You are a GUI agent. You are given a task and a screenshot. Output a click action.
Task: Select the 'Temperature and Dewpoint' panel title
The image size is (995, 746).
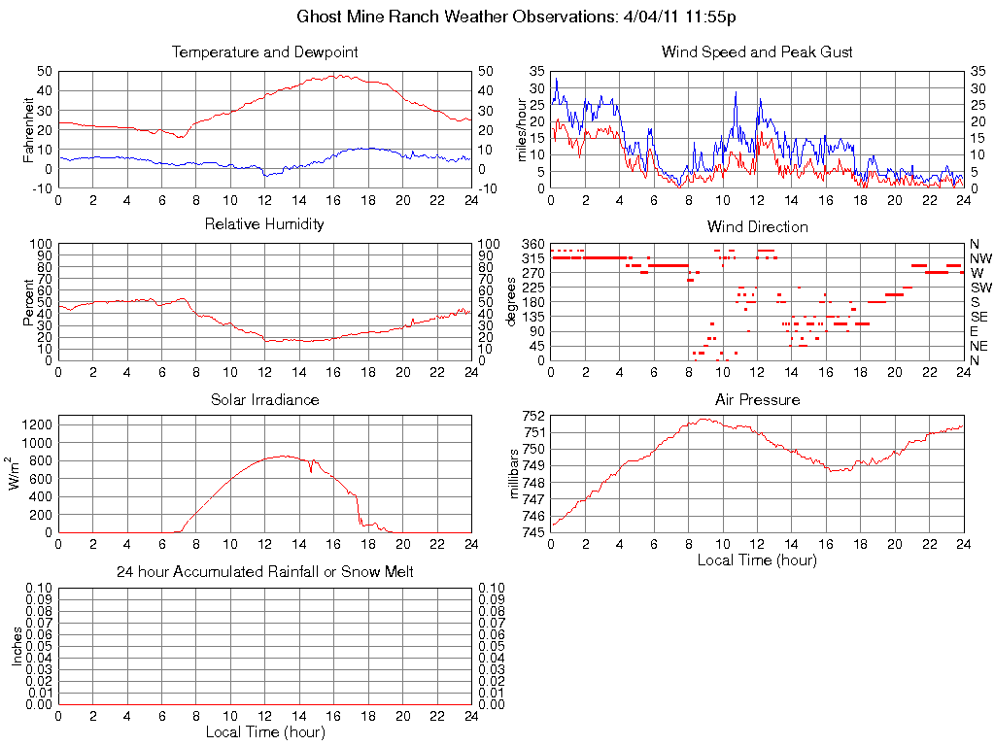tap(264, 51)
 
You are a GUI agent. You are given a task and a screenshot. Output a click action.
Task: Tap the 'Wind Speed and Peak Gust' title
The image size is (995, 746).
tap(757, 51)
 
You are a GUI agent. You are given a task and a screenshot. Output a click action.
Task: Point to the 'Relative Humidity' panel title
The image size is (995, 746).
tap(264, 224)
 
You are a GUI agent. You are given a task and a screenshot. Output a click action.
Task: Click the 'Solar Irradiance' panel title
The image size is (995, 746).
tap(264, 399)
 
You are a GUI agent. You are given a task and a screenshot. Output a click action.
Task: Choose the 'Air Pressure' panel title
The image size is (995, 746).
tap(757, 399)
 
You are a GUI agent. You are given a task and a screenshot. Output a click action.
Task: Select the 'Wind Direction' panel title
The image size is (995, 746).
tap(757, 226)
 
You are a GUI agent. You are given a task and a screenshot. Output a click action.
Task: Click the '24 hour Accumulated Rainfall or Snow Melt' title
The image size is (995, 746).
tap(264, 572)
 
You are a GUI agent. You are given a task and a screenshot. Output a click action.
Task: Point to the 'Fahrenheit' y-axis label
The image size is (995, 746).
tap(28, 128)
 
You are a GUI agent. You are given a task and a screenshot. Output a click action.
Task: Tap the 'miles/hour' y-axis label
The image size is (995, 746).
tap(522, 129)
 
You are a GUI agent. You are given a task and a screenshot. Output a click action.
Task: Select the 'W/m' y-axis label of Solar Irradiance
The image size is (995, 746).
tap(17, 474)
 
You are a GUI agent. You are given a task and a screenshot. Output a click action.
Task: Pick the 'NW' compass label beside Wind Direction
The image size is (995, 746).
tap(979, 258)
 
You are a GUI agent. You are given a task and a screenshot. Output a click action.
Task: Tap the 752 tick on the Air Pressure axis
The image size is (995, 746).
tap(532, 416)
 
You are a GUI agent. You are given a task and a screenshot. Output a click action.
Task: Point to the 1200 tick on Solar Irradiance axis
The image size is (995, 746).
tap(37, 424)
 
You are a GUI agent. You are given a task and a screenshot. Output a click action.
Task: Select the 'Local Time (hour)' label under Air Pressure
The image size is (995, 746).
tap(757, 560)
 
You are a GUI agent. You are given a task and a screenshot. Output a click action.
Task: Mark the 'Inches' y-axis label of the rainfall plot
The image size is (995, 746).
tap(17, 646)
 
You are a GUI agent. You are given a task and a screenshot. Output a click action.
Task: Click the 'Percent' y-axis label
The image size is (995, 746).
tap(28, 301)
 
